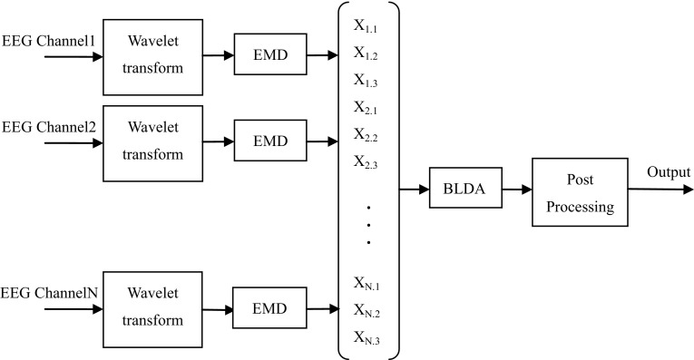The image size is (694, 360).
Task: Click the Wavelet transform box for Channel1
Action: [152, 55]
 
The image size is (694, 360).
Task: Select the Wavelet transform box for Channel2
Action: [152, 141]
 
